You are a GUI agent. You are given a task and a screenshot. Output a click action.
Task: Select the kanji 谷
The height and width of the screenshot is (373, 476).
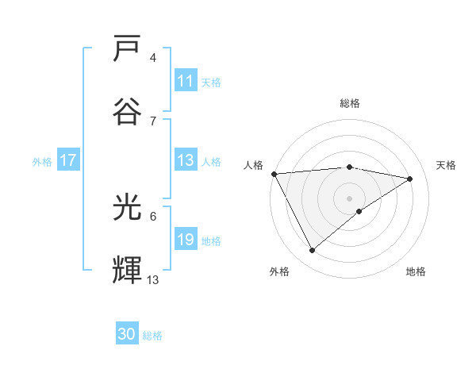click(x=129, y=110)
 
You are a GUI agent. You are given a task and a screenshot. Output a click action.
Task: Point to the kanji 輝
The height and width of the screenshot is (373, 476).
click(x=129, y=270)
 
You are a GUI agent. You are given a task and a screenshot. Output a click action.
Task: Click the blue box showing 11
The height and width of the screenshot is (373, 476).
click(x=186, y=81)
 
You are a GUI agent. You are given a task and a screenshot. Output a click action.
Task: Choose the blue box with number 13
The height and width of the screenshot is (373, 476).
click(x=186, y=160)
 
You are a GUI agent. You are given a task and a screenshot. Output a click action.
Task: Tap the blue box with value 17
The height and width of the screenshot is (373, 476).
click(x=67, y=160)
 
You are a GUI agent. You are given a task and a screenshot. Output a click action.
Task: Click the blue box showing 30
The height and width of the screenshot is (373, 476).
click(x=127, y=334)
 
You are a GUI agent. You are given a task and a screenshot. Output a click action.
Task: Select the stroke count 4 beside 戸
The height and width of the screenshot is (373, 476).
click(x=153, y=58)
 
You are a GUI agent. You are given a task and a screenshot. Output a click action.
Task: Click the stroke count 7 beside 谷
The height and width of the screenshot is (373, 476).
click(x=153, y=121)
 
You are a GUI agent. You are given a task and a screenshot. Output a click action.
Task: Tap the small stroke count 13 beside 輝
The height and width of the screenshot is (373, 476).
click(x=153, y=279)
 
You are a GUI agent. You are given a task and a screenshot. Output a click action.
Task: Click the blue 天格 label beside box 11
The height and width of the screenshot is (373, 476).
click(x=211, y=82)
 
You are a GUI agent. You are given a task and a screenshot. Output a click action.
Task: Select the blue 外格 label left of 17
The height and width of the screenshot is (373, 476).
click(x=42, y=161)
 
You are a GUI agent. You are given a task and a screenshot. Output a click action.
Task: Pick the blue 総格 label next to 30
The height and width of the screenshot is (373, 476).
click(x=152, y=336)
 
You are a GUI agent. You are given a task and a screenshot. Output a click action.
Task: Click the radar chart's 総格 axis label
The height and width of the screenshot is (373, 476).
click(x=349, y=103)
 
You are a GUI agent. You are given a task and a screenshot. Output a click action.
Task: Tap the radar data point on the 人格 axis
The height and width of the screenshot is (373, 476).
click(x=274, y=174)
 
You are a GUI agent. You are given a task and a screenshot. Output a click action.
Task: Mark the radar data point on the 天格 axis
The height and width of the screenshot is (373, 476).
click(x=410, y=179)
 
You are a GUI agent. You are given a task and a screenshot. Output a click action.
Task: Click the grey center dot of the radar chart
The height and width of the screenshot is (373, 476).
click(x=349, y=198)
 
